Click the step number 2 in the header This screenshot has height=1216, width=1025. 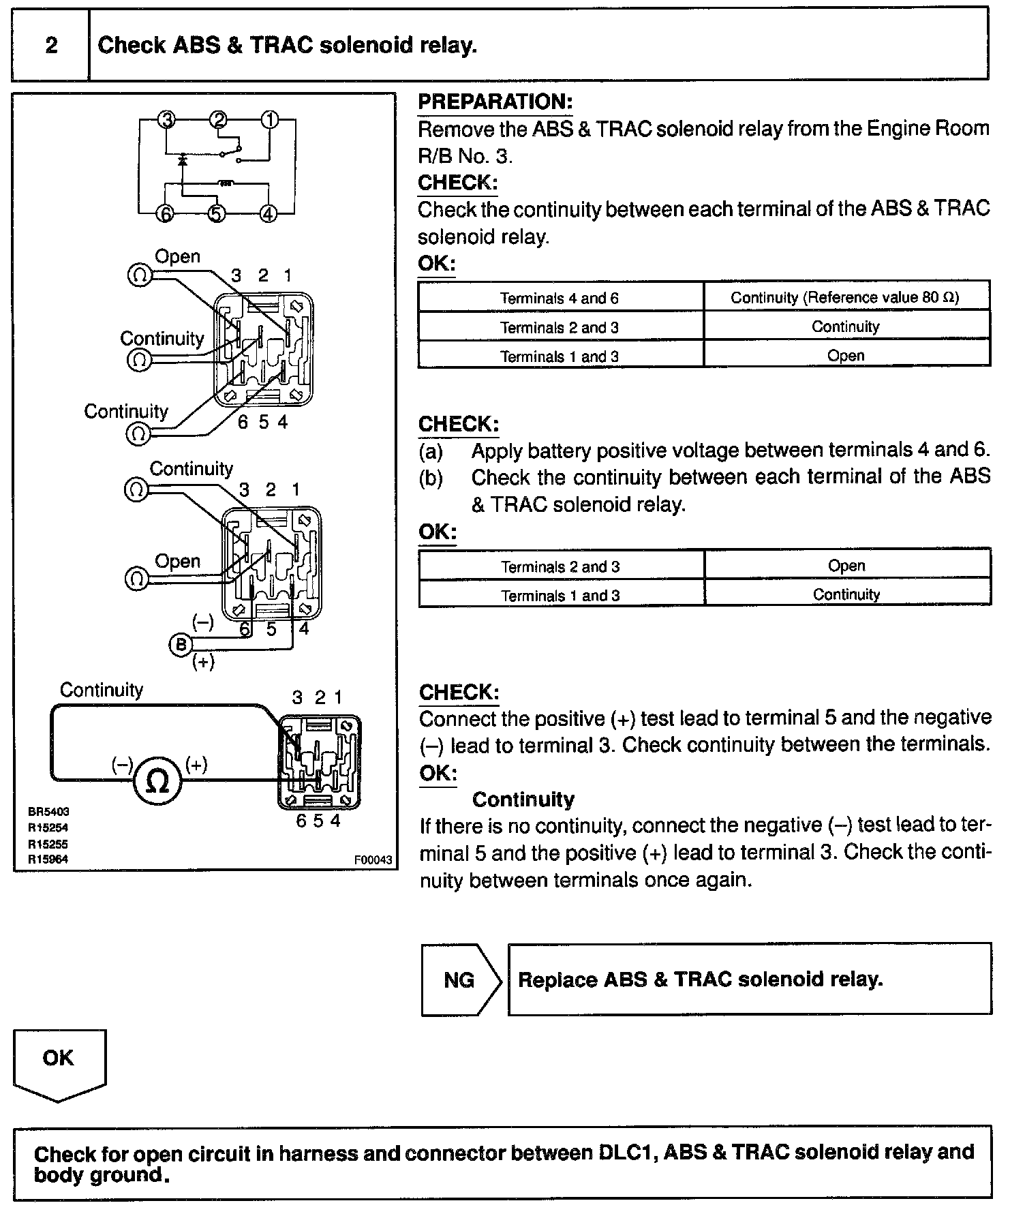pos(51,46)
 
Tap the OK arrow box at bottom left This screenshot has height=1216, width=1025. pos(59,1059)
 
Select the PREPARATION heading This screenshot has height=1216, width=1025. pos(495,102)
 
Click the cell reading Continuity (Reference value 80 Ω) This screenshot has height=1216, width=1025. pos(845,298)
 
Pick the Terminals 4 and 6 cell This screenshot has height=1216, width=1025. pos(560,298)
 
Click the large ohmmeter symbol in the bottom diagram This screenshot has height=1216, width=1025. pos(157,782)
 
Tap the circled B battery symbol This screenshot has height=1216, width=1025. pos(181,645)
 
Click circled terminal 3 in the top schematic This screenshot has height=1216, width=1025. pos(166,120)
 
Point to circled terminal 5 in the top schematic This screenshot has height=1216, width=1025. pos(216,213)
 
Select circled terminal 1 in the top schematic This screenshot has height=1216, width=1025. pos(270,120)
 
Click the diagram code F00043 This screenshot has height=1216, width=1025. pos(373,860)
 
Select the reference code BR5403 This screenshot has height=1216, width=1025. pos(48,812)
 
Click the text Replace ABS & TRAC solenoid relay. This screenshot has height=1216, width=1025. pos(700,979)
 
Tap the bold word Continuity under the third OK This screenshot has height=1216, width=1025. pos(523,799)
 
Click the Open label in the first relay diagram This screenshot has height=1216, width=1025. pos(177,257)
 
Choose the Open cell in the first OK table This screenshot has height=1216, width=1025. pos(846,356)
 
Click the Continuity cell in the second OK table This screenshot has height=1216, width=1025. pos(846,594)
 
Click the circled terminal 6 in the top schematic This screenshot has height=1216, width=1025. pos(166,213)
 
